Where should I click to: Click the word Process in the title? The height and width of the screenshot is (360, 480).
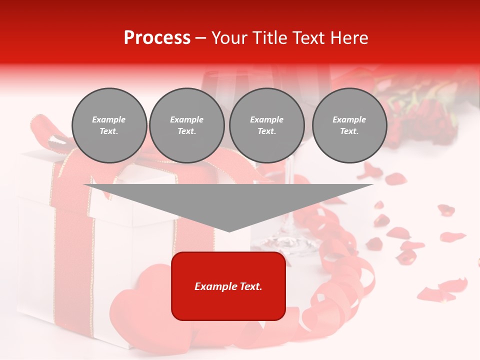[x=157, y=38]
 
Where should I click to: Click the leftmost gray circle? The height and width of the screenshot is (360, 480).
[x=109, y=125]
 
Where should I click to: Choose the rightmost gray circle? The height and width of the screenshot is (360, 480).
[x=349, y=125]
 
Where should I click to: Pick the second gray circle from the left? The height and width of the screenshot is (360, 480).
[x=186, y=125]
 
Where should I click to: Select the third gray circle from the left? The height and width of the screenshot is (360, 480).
[x=266, y=125]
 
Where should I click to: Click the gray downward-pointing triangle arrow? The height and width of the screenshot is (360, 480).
[x=228, y=202]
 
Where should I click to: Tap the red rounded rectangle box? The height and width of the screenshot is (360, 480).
[x=228, y=285]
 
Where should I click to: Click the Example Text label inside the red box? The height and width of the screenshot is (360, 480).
[x=228, y=286]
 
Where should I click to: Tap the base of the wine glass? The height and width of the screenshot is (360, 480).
[x=285, y=242]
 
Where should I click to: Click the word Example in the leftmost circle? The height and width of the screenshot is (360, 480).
[x=109, y=120]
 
